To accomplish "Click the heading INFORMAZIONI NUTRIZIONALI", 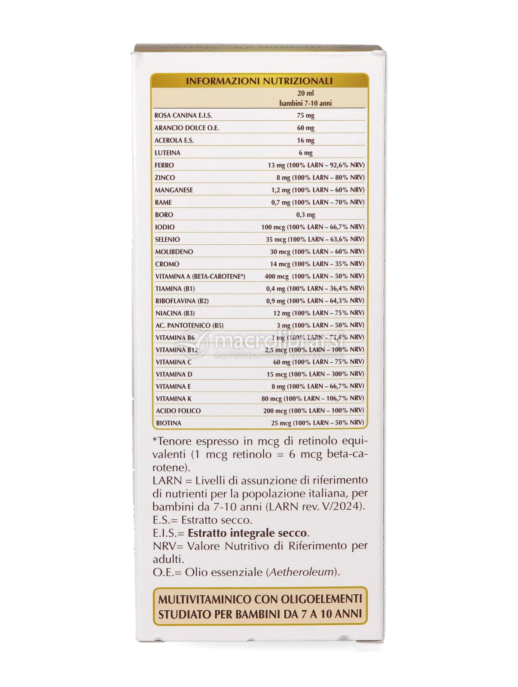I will click(x=259, y=81).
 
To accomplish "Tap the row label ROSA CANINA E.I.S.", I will click(x=183, y=116).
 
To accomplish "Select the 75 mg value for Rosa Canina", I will click(x=305, y=116).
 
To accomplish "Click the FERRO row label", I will click(x=164, y=165).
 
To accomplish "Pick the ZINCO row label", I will click(x=165, y=178).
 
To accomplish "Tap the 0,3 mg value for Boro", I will click(x=305, y=215).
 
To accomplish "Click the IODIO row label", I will click(x=165, y=227).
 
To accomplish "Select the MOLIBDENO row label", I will click(x=174, y=252).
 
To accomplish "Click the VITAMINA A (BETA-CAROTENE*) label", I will click(x=200, y=277).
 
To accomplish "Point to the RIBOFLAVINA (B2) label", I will click(x=182, y=301).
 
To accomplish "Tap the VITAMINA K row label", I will click(x=174, y=399).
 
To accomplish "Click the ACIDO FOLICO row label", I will click(x=178, y=411).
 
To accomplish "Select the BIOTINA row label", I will click(x=168, y=423).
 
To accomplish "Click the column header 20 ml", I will click(x=305, y=93).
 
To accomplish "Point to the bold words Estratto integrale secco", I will click(x=247, y=533).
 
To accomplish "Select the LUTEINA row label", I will click(x=167, y=153).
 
